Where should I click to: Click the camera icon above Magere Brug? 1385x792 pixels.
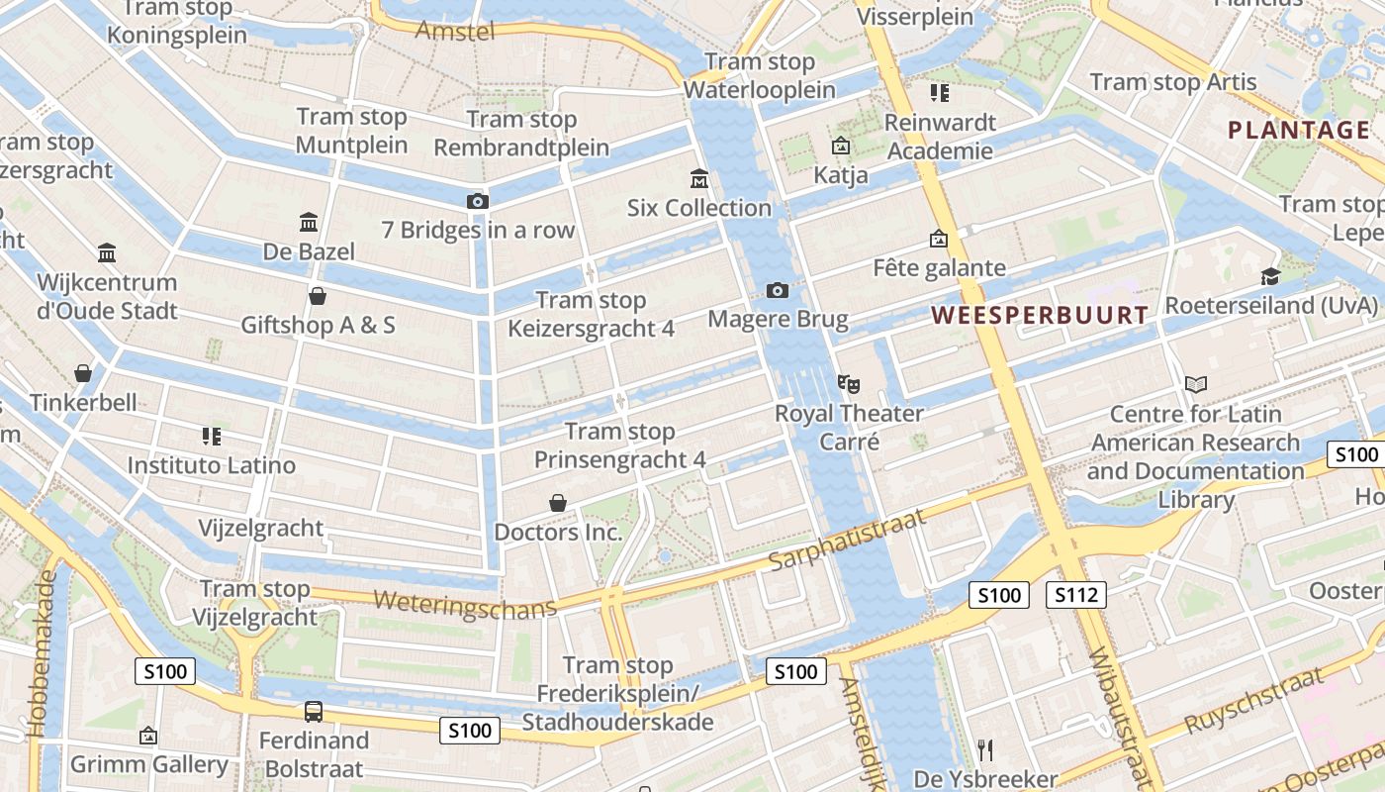point(778,290)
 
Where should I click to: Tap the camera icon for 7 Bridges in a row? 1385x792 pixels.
point(477,201)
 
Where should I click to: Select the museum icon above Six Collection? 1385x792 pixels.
point(699,179)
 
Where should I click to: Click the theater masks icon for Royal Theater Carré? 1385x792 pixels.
point(849,383)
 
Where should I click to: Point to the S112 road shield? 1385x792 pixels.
point(1075,595)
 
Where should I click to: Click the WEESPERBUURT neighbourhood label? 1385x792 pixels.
point(1040,316)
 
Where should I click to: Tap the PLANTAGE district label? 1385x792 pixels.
point(1298,130)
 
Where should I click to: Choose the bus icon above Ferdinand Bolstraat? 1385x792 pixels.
point(313,711)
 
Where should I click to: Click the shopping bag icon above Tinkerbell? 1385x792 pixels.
point(83,373)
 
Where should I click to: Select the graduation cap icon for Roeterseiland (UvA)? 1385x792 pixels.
point(1270,276)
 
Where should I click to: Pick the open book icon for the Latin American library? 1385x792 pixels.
point(1195,384)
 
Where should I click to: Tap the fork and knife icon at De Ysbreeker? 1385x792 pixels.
point(984,749)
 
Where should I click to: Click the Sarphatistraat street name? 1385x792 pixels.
point(847,540)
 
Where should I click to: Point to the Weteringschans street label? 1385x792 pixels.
point(465,604)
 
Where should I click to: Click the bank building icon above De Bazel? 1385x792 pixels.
point(308,222)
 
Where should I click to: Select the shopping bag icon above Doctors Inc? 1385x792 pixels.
point(558,503)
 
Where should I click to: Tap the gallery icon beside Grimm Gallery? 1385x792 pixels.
point(148,736)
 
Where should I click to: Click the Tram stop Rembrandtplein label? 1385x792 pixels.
point(521,134)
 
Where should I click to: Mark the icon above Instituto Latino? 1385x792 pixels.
point(211,436)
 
